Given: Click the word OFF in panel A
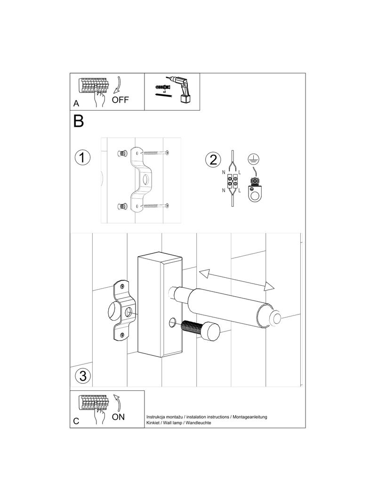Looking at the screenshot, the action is (x=120, y=100).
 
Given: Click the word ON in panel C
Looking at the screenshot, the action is (x=118, y=417).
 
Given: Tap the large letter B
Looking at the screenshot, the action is (x=79, y=121).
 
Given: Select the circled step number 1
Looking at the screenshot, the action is (x=82, y=158).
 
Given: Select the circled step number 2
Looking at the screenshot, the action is (x=213, y=160).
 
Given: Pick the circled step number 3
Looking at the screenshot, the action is (x=83, y=375).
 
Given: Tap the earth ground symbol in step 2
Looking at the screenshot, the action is (x=253, y=159).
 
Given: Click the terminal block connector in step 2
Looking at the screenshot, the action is (x=233, y=181).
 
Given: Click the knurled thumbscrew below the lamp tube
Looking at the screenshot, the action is (x=200, y=330).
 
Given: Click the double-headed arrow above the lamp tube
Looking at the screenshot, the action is (x=237, y=280).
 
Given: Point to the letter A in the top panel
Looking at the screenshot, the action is (x=76, y=104).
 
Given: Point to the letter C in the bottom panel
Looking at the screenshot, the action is (x=76, y=421).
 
